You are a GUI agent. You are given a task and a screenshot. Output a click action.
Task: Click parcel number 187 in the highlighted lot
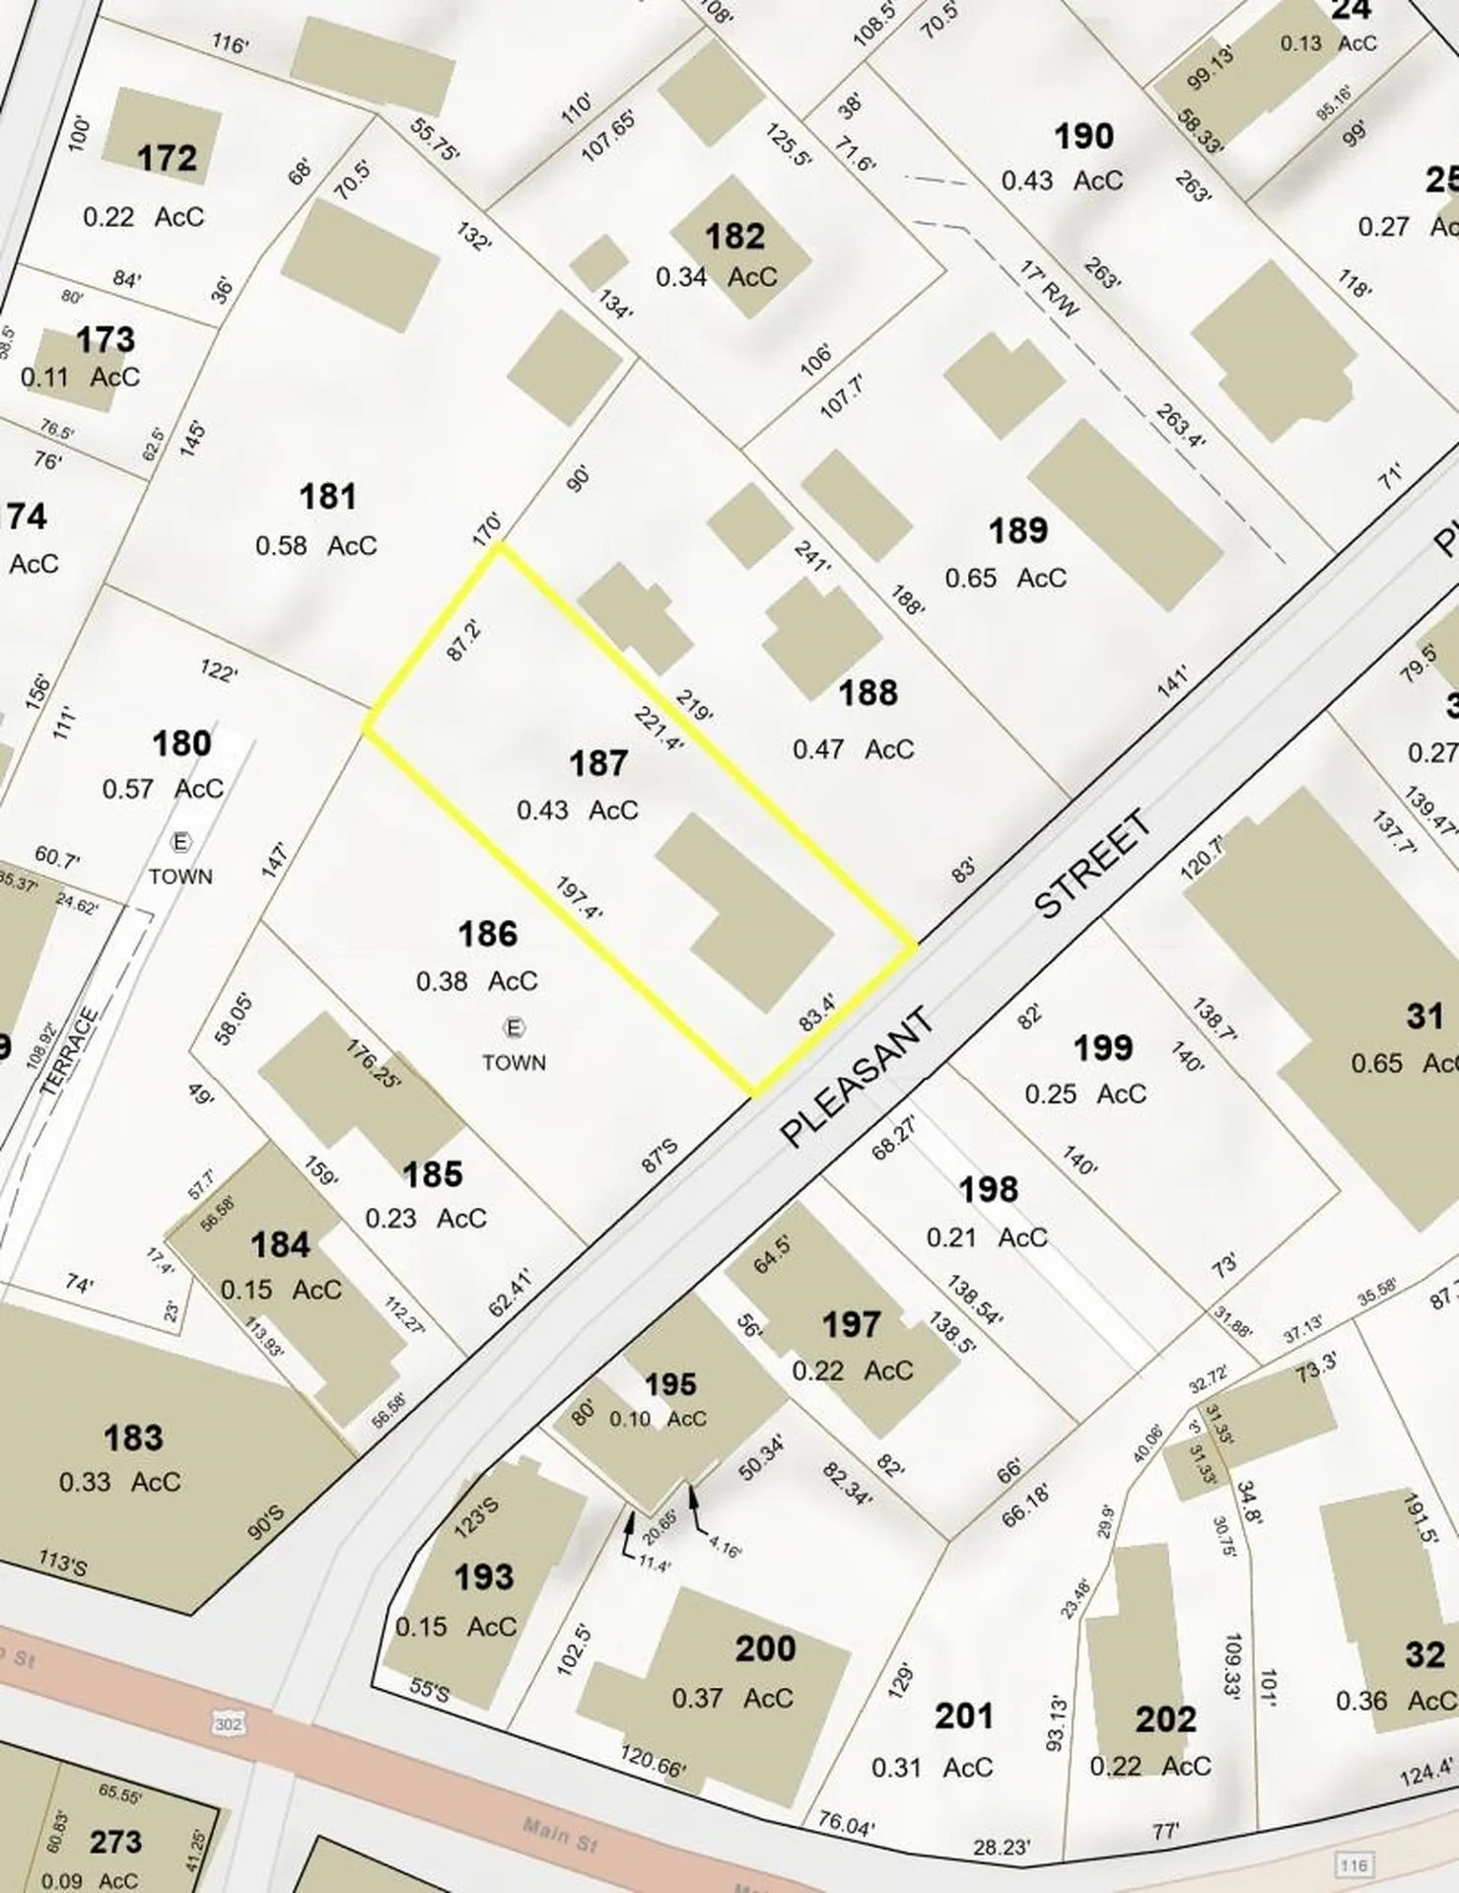pos(598,763)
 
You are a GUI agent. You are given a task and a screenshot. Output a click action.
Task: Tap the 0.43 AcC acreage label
pos(578,809)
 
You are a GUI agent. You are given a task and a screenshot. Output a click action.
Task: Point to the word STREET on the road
pos(1094,864)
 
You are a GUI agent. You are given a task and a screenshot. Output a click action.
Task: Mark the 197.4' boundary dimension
pos(579,898)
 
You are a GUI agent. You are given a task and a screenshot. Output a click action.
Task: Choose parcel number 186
pos(488,934)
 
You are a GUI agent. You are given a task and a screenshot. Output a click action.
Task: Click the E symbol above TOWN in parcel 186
pos(514,1028)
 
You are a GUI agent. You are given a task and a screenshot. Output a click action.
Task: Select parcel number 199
pos(1103,1048)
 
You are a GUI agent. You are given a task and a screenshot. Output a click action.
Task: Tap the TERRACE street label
pos(71,1051)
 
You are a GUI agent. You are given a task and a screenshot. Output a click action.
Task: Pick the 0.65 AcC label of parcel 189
pos(1006,577)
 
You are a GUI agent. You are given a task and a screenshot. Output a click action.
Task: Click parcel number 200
pos(766,1648)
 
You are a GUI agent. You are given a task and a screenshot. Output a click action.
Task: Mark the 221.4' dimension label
pos(660,729)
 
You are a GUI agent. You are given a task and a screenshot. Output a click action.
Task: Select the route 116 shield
pos(1354,1865)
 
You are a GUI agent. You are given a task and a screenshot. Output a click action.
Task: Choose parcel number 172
pos(168,158)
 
